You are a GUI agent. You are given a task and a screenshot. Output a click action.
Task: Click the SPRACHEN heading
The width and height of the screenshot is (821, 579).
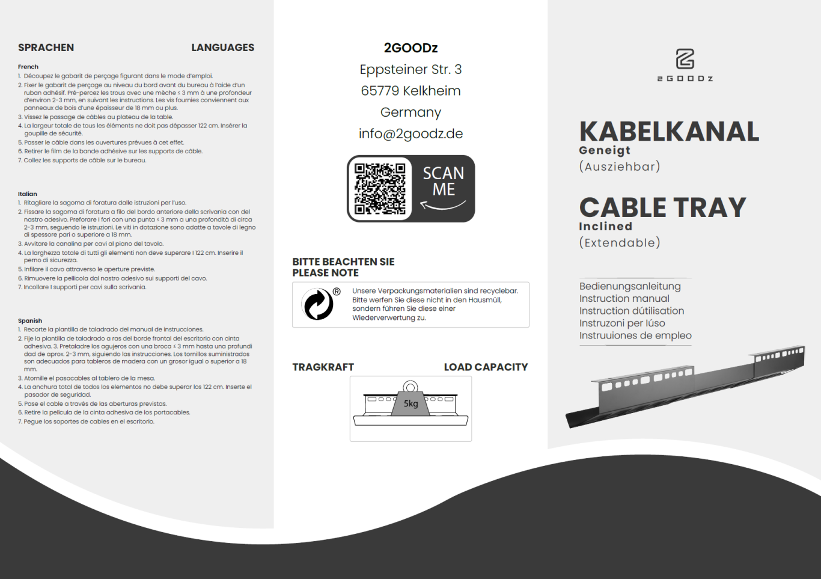(46, 47)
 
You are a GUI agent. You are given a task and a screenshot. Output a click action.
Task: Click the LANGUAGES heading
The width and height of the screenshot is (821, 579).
(222, 47)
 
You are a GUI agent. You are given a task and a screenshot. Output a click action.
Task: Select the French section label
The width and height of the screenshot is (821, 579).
(28, 67)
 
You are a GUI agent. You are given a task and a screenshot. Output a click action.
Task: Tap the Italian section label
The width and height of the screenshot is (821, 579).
(28, 194)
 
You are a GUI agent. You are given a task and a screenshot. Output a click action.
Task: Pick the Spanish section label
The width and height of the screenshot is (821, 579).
(30, 321)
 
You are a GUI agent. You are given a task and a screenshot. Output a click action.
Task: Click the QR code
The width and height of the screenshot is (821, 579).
(380, 189)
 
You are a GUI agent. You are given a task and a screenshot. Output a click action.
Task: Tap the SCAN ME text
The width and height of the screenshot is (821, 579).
(444, 182)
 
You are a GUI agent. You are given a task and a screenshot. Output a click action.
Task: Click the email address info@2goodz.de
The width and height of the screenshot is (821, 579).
(410, 133)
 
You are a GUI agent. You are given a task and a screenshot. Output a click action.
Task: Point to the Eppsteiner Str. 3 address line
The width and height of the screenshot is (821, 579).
(410, 70)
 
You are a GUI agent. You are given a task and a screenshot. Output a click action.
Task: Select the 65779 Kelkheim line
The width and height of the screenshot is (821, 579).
(410, 91)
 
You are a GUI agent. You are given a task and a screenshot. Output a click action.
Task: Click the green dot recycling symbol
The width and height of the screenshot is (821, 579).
(319, 304)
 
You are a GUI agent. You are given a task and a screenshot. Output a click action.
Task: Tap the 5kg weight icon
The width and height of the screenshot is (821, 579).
(410, 402)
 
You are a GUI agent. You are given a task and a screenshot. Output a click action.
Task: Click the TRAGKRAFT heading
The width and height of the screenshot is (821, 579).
(323, 367)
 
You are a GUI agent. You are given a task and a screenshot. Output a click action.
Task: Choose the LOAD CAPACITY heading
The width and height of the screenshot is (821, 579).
(486, 367)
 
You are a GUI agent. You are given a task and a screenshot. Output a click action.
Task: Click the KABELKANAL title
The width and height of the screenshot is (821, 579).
(669, 132)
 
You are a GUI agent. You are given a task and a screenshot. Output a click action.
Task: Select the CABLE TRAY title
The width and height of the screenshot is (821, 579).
(662, 208)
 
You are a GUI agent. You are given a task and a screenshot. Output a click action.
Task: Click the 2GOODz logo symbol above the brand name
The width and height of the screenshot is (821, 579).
(685, 59)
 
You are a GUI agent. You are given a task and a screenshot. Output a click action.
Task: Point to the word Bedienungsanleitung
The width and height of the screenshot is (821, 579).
(630, 286)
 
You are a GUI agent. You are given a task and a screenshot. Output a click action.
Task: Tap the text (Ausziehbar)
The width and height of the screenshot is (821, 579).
(620, 167)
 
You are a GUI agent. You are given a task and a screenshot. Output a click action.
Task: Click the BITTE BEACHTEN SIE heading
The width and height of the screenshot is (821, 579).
(343, 262)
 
